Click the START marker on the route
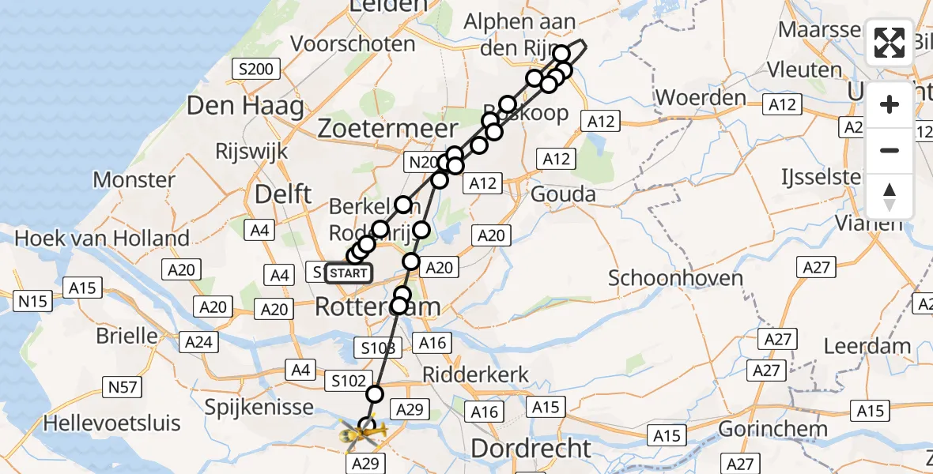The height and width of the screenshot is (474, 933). pos(348,273)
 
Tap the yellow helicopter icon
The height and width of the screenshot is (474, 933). pos(363,433)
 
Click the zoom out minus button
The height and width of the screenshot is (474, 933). pos(890,150)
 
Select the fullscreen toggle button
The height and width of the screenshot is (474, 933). pos(890,43)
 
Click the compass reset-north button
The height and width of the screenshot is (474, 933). pos(890,197)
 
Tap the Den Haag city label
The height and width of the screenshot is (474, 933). pos(245,105)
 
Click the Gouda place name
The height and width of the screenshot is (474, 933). pos(560,194)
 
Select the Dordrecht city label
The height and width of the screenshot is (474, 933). pos(531,448)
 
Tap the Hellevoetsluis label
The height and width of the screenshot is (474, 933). pos(111,423)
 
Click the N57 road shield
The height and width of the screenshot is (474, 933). pos(123,386)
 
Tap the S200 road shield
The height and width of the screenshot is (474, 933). pos(257,70)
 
